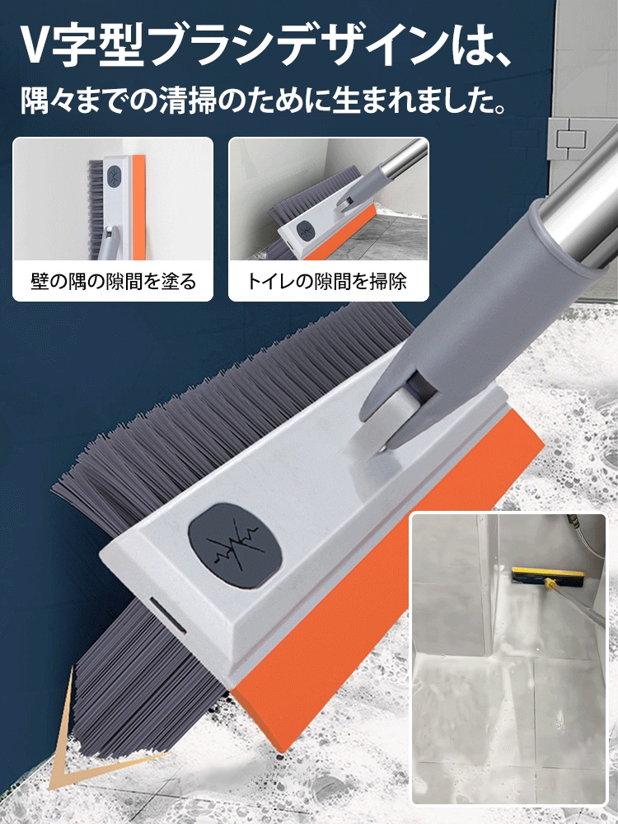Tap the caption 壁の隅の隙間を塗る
coord(113,282)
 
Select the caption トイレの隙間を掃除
coord(328,282)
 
